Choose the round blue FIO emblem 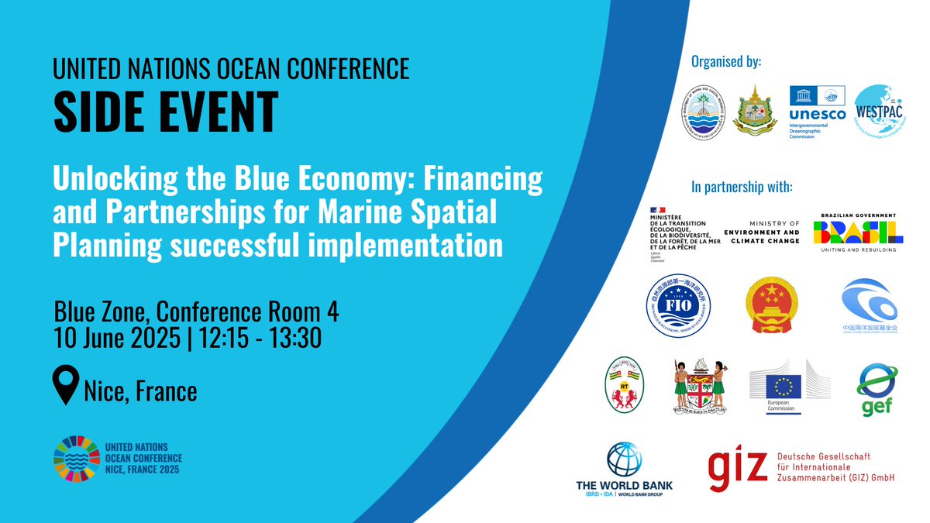tap(677, 308)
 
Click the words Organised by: tap(725, 61)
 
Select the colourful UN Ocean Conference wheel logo tap(77, 458)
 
